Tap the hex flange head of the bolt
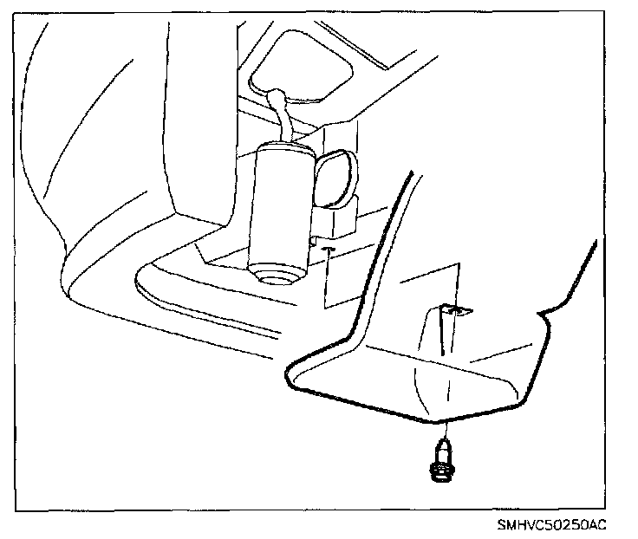pyautogui.click(x=441, y=471)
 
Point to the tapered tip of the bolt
pyautogui.click(x=443, y=444)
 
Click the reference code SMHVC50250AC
pyautogui.click(x=552, y=525)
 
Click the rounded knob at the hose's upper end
pyautogui.click(x=277, y=93)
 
